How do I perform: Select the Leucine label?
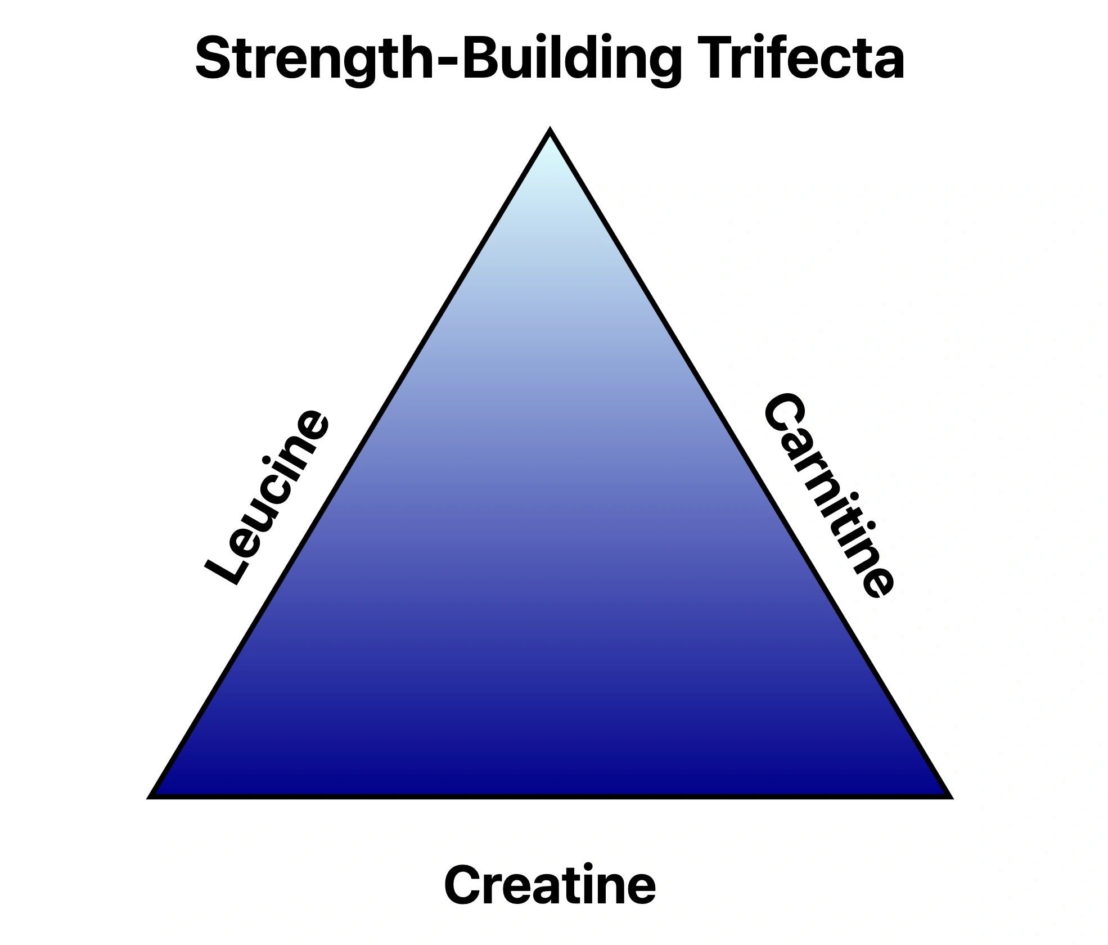266,498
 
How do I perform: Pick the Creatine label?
550,885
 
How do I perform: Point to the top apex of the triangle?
550,132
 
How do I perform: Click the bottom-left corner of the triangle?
151,796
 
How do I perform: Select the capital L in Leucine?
225,568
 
